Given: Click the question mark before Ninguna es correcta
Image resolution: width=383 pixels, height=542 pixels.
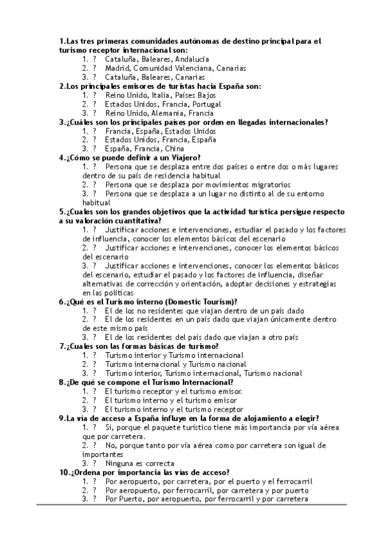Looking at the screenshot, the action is (x=95, y=463).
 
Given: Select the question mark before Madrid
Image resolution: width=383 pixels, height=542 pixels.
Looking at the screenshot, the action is (x=95, y=67).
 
